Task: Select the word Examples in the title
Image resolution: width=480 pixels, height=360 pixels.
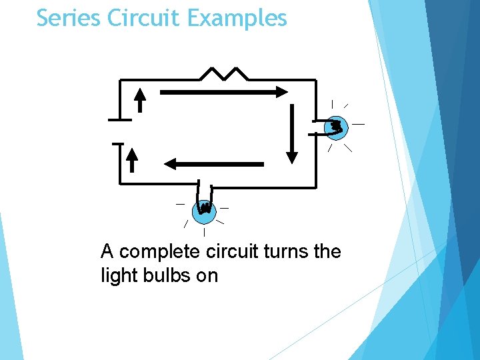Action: (x=237, y=18)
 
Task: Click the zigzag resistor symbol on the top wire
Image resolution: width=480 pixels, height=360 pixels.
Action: (x=223, y=73)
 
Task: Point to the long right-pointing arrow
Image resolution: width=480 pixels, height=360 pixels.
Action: (x=224, y=92)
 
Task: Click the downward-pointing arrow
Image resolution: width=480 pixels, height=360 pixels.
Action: (x=291, y=133)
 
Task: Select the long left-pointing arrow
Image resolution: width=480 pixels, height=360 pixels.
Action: (x=213, y=163)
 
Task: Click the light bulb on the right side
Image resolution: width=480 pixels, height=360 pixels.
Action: (x=335, y=127)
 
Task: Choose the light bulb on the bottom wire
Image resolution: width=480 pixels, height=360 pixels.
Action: (x=204, y=211)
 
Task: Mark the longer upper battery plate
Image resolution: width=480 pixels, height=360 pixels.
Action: (x=120, y=120)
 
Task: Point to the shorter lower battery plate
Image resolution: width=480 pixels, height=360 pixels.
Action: (x=117, y=143)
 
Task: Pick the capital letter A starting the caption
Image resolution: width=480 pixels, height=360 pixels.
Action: (x=107, y=252)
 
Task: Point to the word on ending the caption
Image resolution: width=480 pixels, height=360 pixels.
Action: (x=207, y=275)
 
